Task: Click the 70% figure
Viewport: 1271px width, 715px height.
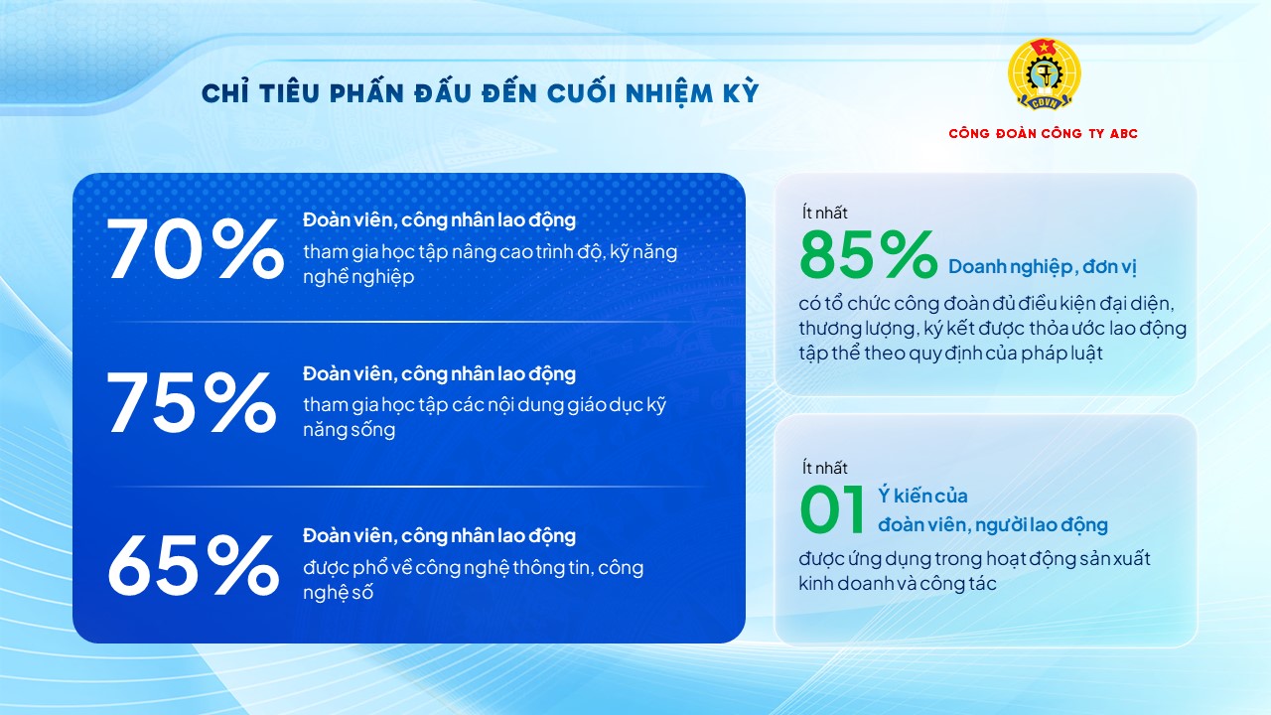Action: (195, 249)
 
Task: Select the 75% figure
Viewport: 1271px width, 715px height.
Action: (192, 403)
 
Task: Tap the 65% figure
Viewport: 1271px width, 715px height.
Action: (193, 565)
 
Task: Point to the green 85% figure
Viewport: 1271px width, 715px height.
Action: (867, 256)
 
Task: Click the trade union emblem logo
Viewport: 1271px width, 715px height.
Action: (1043, 75)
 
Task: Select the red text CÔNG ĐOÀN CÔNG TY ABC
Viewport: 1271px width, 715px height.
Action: (1043, 134)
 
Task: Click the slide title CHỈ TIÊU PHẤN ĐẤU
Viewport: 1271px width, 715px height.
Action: (480, 93)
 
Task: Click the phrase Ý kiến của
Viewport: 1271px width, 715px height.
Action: (922, 496)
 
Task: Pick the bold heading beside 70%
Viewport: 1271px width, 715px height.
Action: (439, 219)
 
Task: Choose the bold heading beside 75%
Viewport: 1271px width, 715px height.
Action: (439, 374)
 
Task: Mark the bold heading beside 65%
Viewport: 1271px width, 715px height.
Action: (439, 536)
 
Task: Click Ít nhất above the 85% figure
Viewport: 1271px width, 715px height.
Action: (824, 213)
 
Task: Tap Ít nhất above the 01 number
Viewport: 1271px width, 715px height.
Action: (824, 468)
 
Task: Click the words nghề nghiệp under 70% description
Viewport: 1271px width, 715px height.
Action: (358, 278)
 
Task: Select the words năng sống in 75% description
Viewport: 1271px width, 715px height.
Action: (349, 430)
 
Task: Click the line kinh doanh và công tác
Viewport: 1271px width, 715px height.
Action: (897, 584)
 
